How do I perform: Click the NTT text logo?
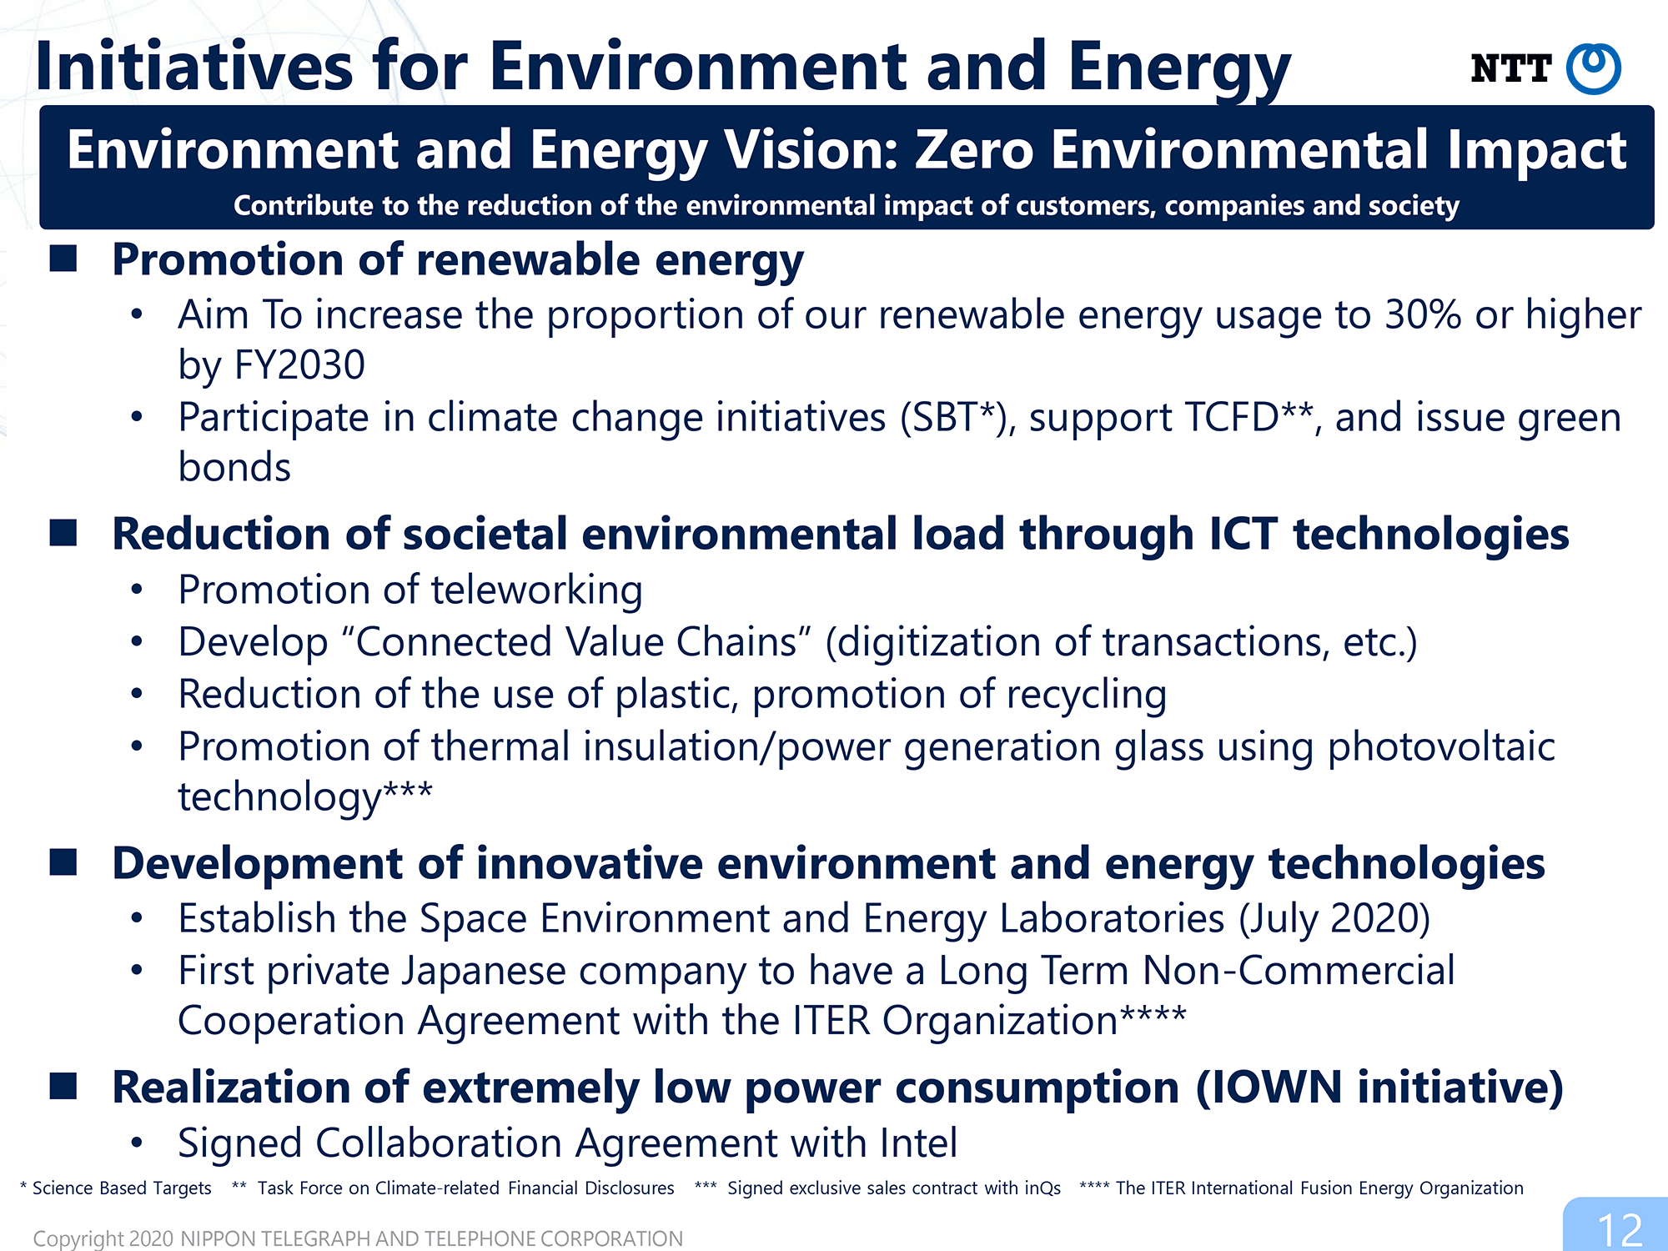tap(1510, 68)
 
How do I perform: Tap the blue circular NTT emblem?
tap(1594, 68)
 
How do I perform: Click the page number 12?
tap(1620, 1230)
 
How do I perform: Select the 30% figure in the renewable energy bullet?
tap(1424, 315)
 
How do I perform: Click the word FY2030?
tap(300, 365)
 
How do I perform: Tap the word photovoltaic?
tap(1441, 746)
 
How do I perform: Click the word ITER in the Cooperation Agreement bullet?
tap(831, 1021)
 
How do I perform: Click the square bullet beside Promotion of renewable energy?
tap(63, 259)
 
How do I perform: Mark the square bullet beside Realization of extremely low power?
tap(63, 1086)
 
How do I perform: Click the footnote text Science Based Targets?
tap(122, 1188)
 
